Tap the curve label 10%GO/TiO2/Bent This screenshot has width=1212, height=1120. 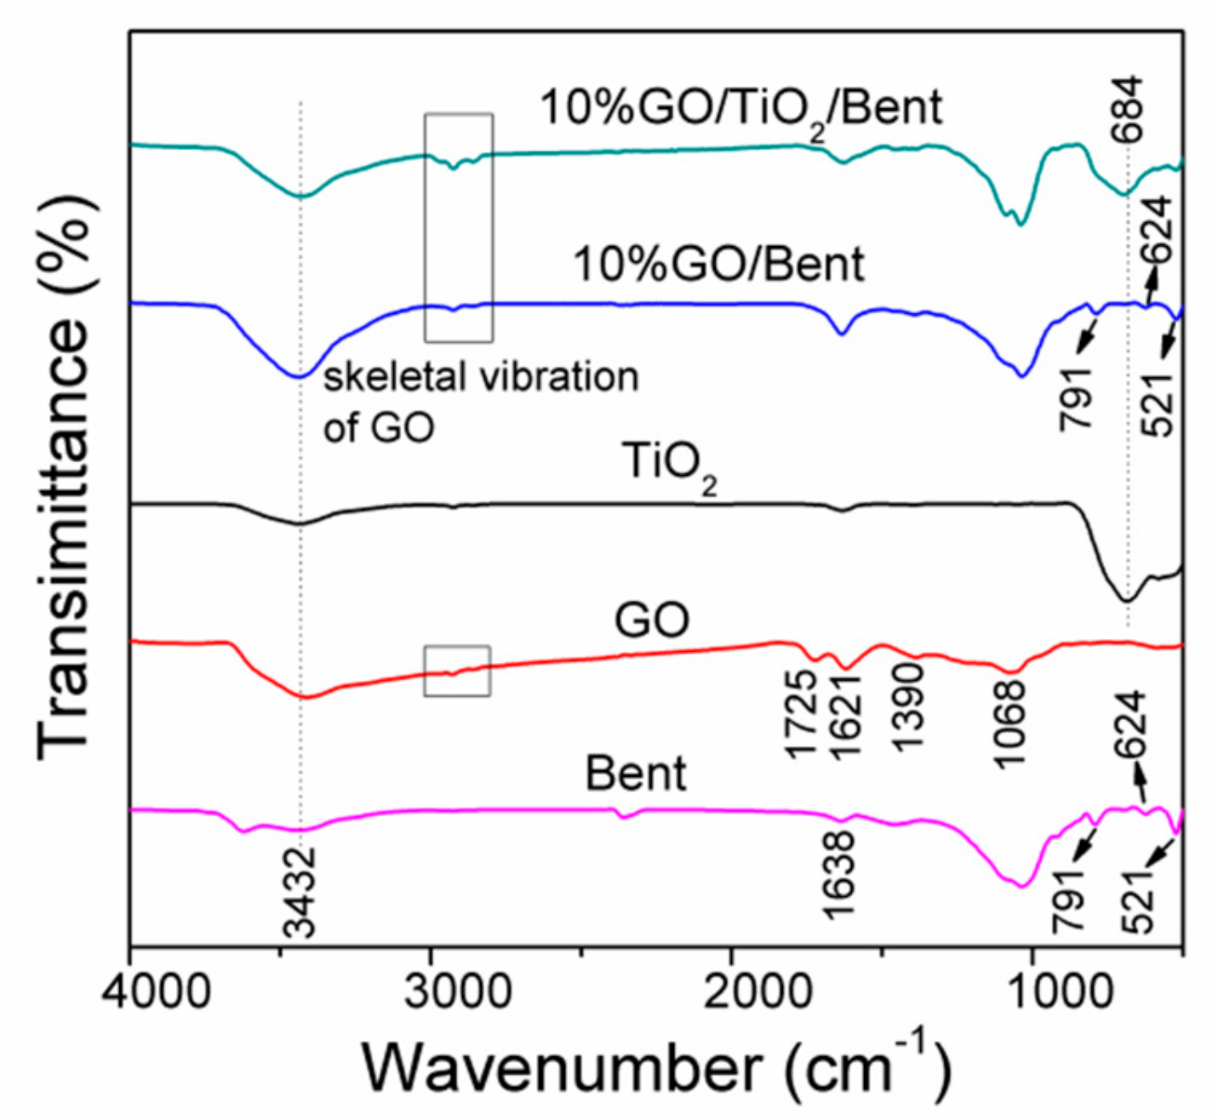point(741,109)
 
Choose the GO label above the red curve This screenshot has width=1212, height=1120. point(652,620)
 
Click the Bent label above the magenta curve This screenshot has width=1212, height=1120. point(636,774)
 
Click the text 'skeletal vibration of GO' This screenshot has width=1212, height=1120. point(480,401)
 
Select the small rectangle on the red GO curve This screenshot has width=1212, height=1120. point(457,671)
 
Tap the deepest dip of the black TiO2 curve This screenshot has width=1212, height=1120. point(1125,601)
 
